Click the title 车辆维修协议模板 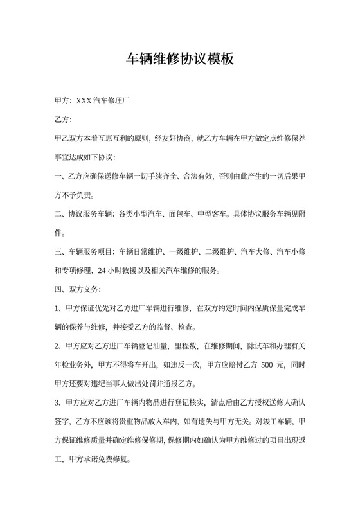tap(180, 60)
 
